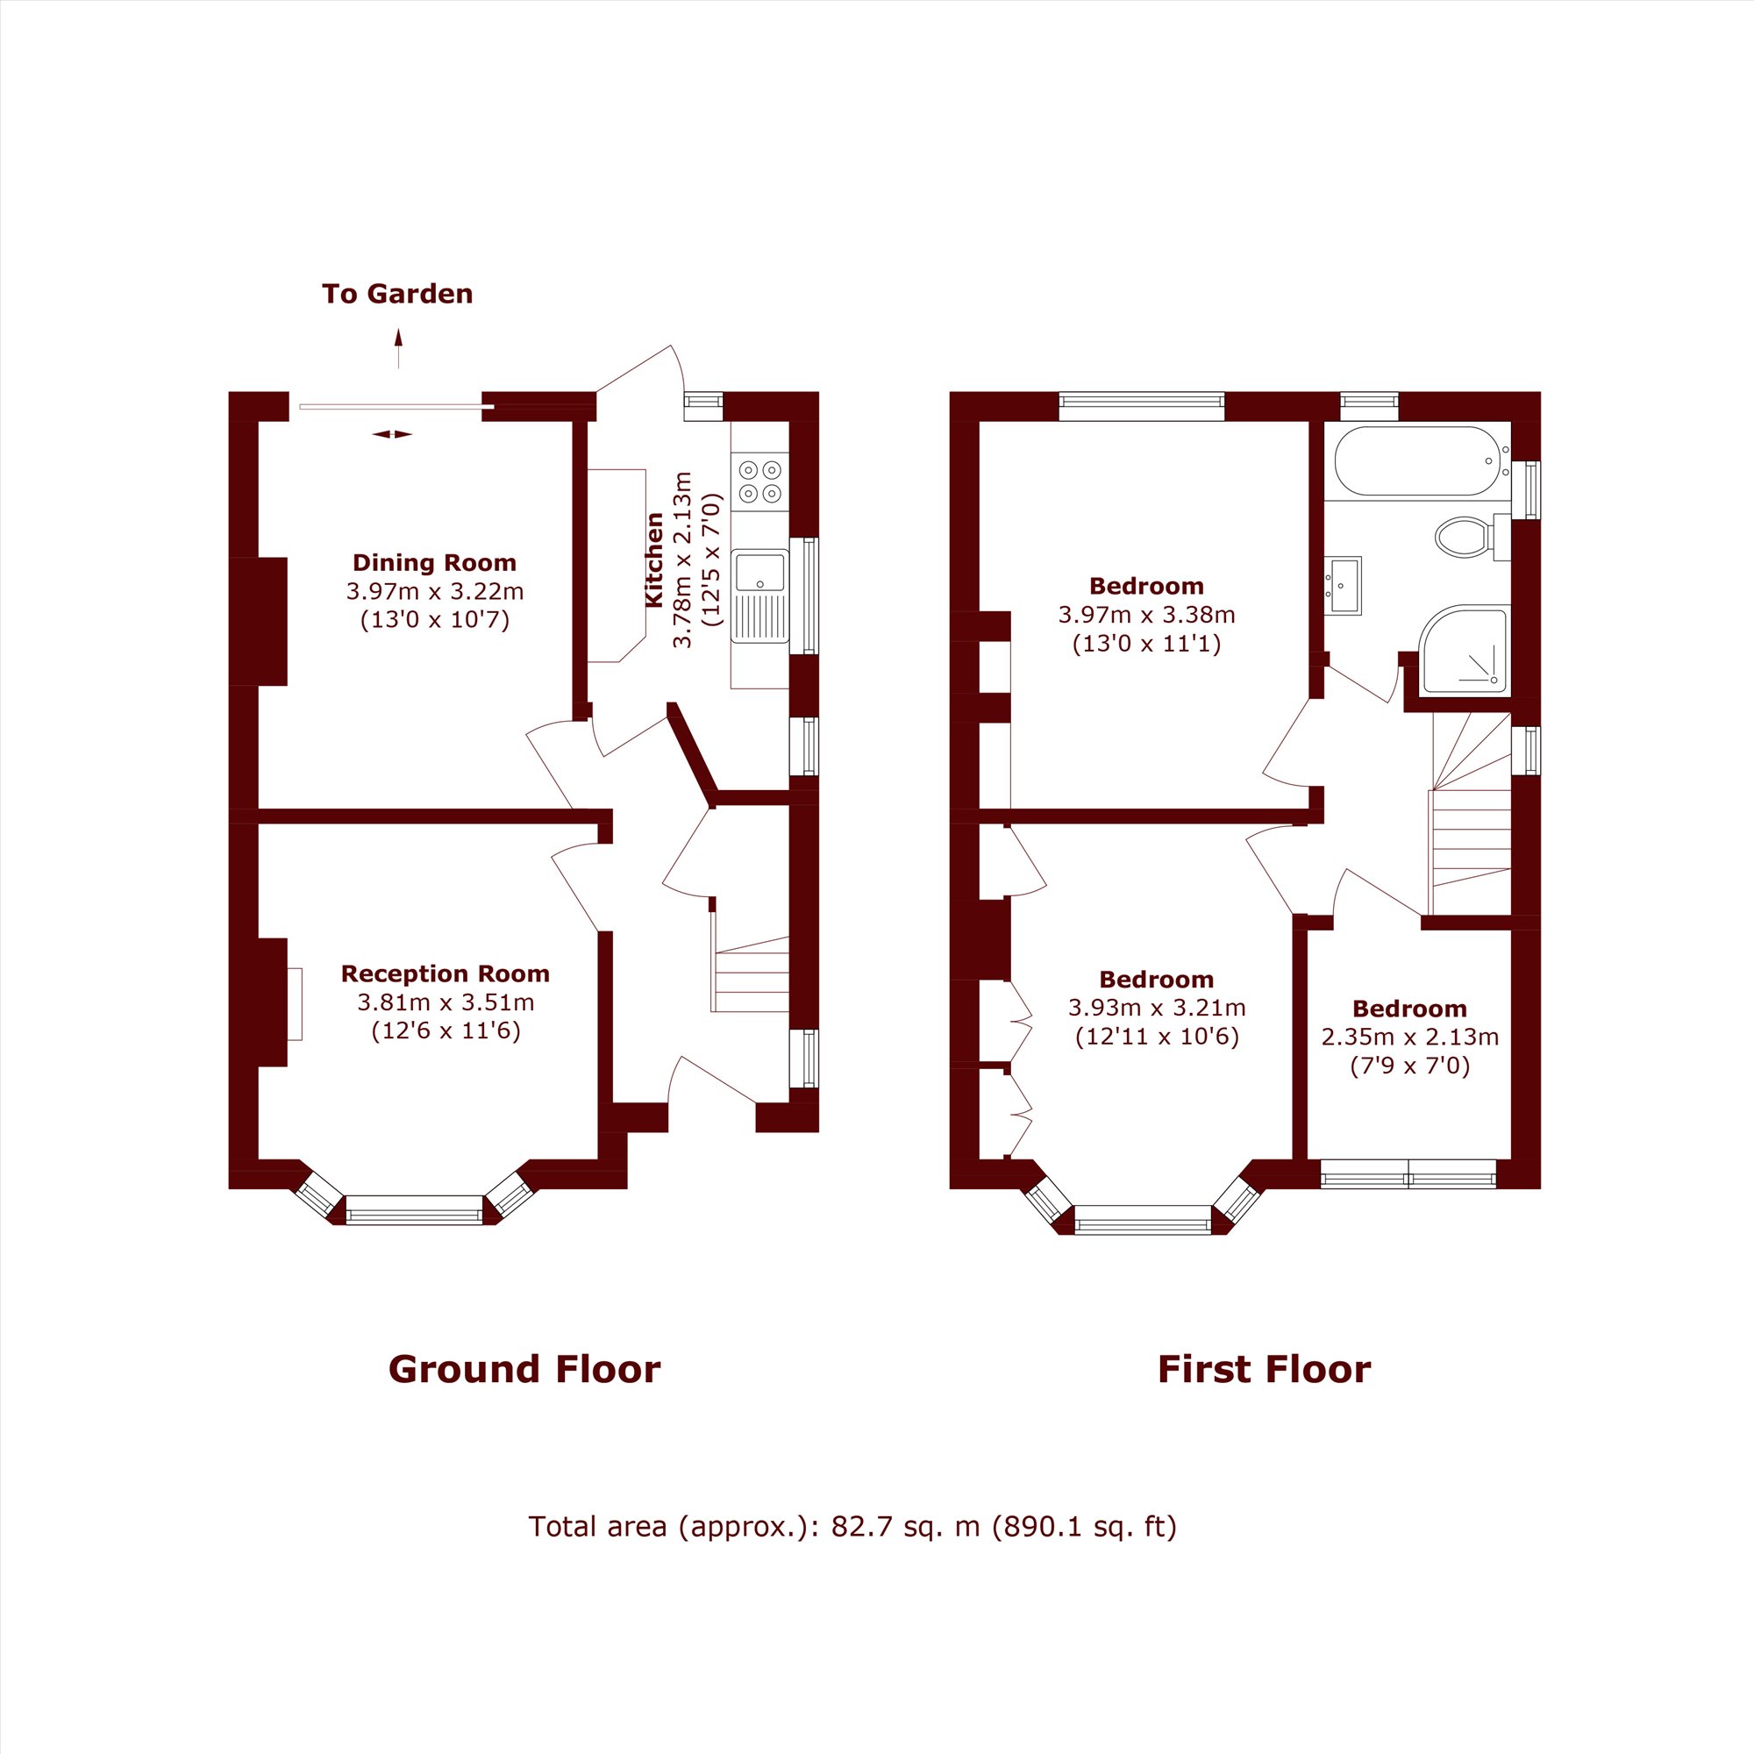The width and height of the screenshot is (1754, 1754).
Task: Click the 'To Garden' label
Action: tap(396, 294)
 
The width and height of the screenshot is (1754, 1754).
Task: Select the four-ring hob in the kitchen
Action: tap(759, 481)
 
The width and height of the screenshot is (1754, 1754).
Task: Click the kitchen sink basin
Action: tap(759, 572)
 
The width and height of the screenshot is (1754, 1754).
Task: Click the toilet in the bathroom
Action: tap(1464, 537)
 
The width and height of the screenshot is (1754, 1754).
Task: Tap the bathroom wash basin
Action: tap(1343, 586)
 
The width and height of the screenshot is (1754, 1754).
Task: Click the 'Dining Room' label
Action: tap(434, 563)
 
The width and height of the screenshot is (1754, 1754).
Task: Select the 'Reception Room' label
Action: tap(445, 974)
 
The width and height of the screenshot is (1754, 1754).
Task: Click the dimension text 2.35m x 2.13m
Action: tap(1409, 1037)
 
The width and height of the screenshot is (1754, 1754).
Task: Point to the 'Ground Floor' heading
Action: tap(524, 1369)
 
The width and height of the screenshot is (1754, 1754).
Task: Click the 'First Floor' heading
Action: tap(1264, 1369)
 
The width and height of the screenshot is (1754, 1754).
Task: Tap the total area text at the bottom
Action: tap(852, 1527)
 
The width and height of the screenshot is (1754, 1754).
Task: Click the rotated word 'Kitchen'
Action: tap(653, 560)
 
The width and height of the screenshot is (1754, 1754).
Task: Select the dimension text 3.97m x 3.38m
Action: tap(1145, 615)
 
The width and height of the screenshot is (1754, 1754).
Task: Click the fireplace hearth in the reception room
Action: tap(294, 1003)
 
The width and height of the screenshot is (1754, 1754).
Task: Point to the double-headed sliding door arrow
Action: tap(392, 434)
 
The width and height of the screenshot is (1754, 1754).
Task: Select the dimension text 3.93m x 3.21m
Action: tap(1156, 1008)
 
